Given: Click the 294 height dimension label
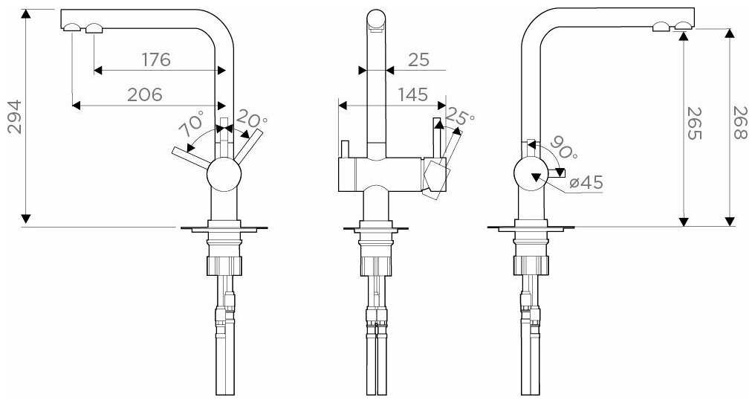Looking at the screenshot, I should click(13, 116).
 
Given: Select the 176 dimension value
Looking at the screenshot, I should click(156, 59).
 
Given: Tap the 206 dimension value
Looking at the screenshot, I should click(146, 94).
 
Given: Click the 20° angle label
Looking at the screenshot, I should click(252, 118).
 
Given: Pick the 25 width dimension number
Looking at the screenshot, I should click(418, 59).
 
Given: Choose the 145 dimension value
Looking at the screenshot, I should click(413, 94).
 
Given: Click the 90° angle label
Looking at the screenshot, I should click(563, 152).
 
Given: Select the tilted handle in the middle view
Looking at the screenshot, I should click(435, 178).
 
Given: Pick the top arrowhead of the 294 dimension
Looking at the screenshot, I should click(26, 14).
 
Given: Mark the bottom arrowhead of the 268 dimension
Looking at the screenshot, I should click(730, 221).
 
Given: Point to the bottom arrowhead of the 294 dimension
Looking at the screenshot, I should click(26, 219).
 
